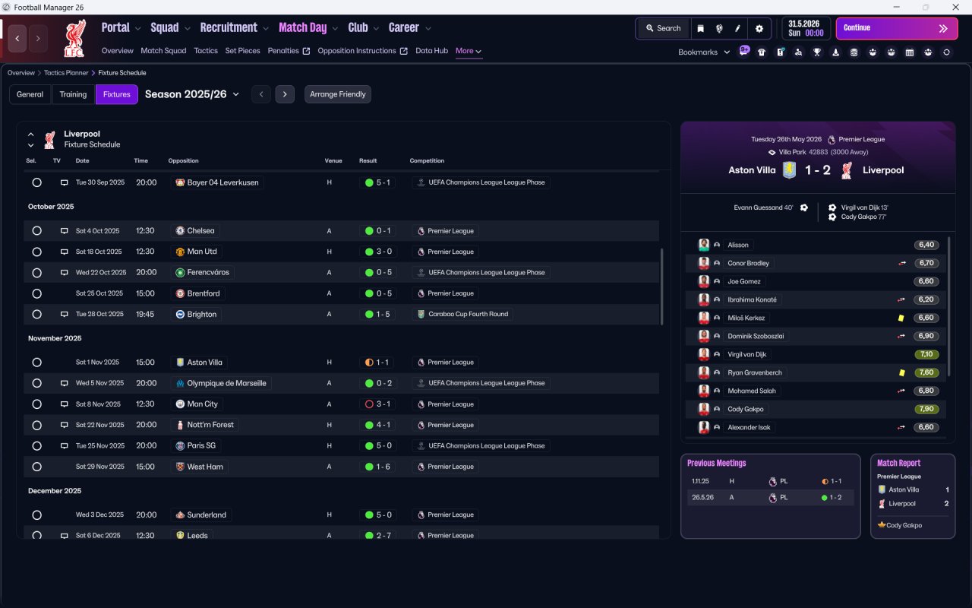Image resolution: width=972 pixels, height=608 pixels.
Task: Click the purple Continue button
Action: click(897, 28)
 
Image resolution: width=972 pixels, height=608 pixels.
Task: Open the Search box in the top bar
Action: click(664, 28)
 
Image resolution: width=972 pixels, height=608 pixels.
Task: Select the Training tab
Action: click(73, 94)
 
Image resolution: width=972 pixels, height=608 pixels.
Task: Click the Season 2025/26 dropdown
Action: click(192, 94)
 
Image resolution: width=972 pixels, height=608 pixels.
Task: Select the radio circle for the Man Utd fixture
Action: click(37, 252)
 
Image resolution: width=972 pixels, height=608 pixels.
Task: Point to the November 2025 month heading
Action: click(55, 338)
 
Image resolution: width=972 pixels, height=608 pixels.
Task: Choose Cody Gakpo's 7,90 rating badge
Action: click(926, 409)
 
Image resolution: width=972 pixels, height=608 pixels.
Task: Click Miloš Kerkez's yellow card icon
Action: click(901, 318)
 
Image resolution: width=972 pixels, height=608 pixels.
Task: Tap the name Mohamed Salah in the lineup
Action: click(752, 391)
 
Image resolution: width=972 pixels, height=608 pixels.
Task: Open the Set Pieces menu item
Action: click(242, 51)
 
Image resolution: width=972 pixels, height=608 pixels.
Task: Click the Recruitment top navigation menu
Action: click(229, 28)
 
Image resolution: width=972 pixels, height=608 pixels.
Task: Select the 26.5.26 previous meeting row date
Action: click(702, 497)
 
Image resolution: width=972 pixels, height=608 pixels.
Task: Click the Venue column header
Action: click(333, 160)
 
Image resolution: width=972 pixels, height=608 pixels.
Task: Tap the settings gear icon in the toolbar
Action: click(759, 29)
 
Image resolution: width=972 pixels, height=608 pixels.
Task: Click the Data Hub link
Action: click(432, 51)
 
